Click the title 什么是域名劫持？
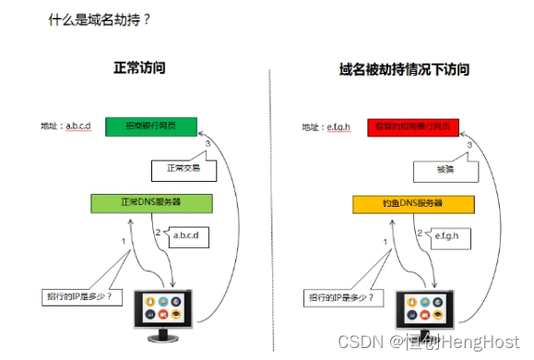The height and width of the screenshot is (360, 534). point(100,18)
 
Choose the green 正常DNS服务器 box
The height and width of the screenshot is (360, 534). point(151,203)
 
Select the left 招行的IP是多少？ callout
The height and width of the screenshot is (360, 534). point(80,297)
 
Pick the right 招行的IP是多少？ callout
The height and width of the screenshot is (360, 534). point(340,297)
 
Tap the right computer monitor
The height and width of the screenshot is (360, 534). point(428,311)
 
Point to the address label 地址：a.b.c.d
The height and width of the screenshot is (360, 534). point(66,126)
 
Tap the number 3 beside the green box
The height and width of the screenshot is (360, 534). point(209,144)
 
